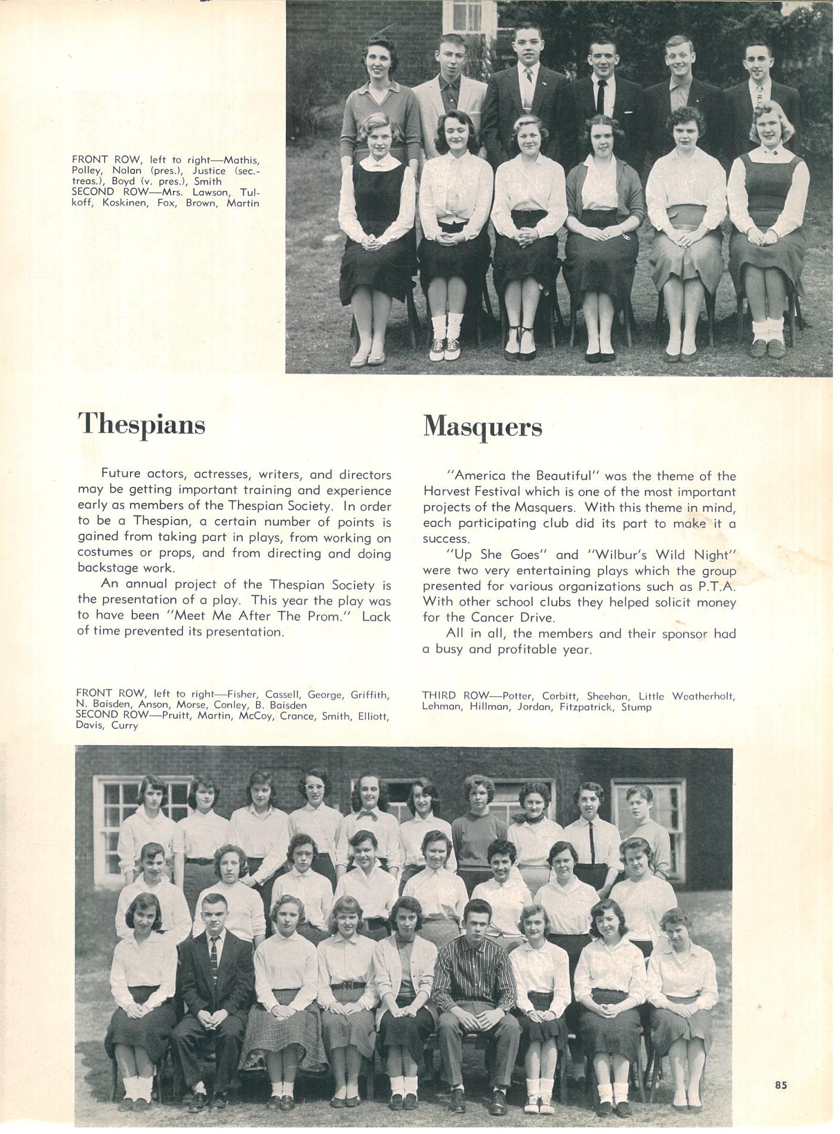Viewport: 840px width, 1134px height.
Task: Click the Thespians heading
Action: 141,425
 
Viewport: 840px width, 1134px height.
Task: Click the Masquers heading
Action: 482,426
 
